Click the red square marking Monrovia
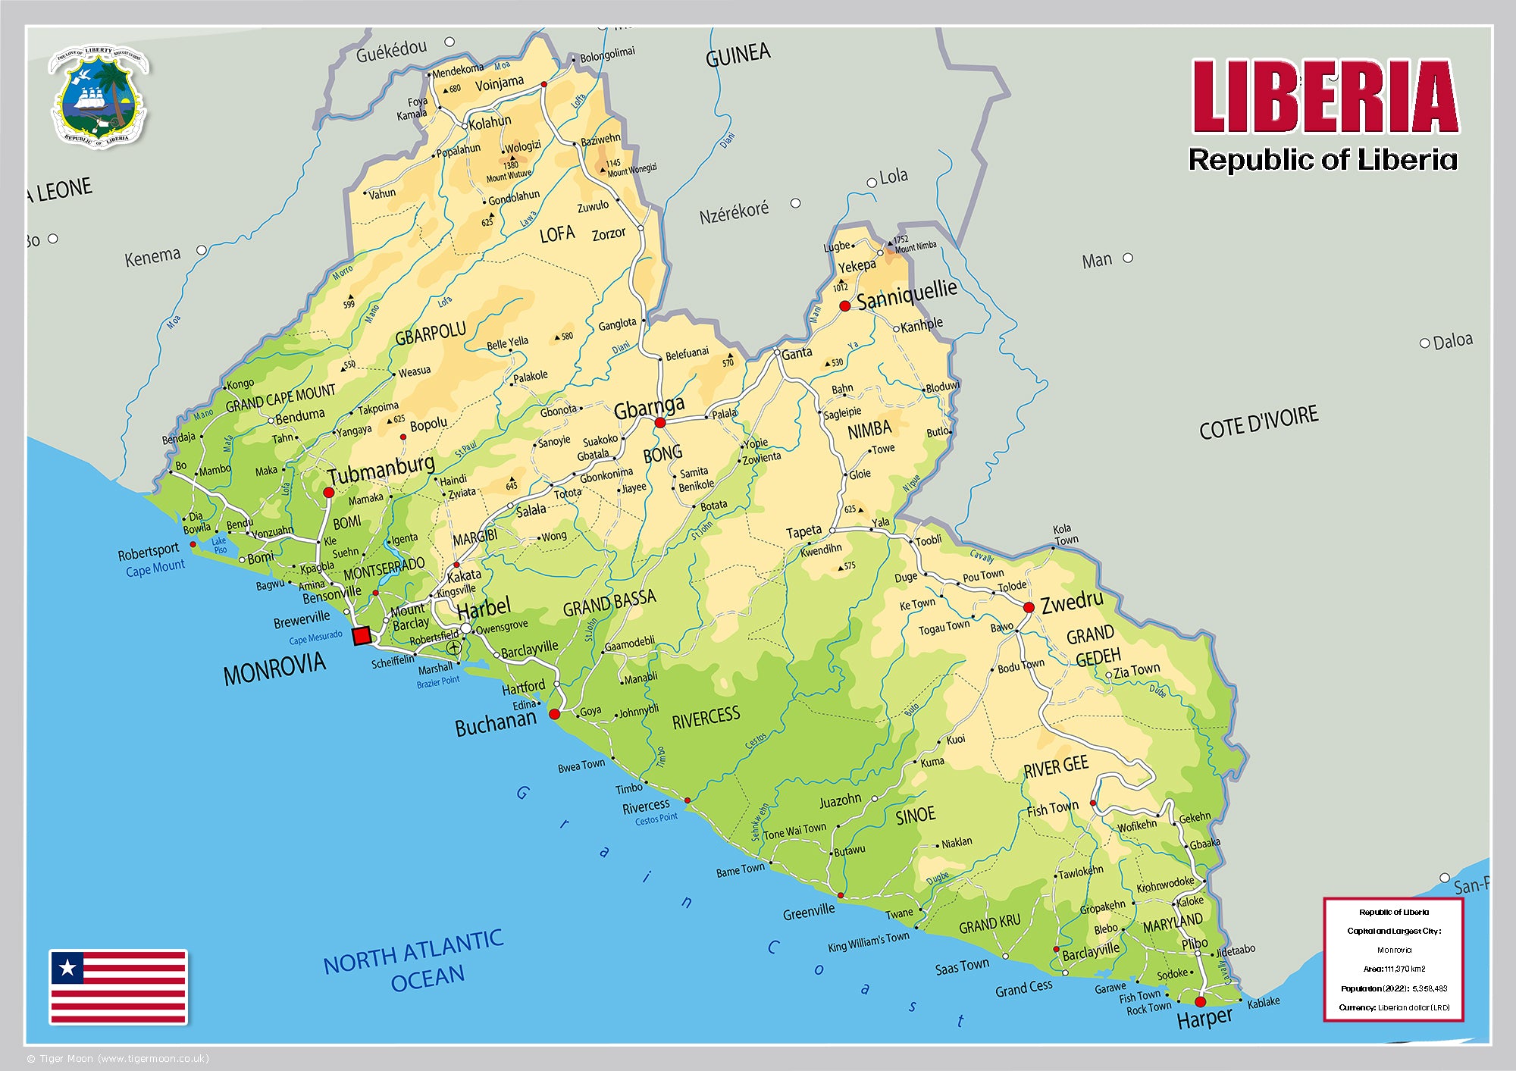[362, 636]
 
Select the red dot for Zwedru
[1029, 607]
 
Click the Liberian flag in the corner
[118, 986]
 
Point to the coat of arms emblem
[99, 96]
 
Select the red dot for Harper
[1200, 1001]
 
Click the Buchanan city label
[495, 725]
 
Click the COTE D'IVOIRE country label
[1258, 422]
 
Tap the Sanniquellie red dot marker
[844, 306]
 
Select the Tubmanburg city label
[381, 468]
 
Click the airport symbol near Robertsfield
[454, 647]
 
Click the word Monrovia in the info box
[1394, 950]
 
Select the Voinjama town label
[499, 83]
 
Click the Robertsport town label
[148, 552]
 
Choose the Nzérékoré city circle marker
[795, 203]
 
